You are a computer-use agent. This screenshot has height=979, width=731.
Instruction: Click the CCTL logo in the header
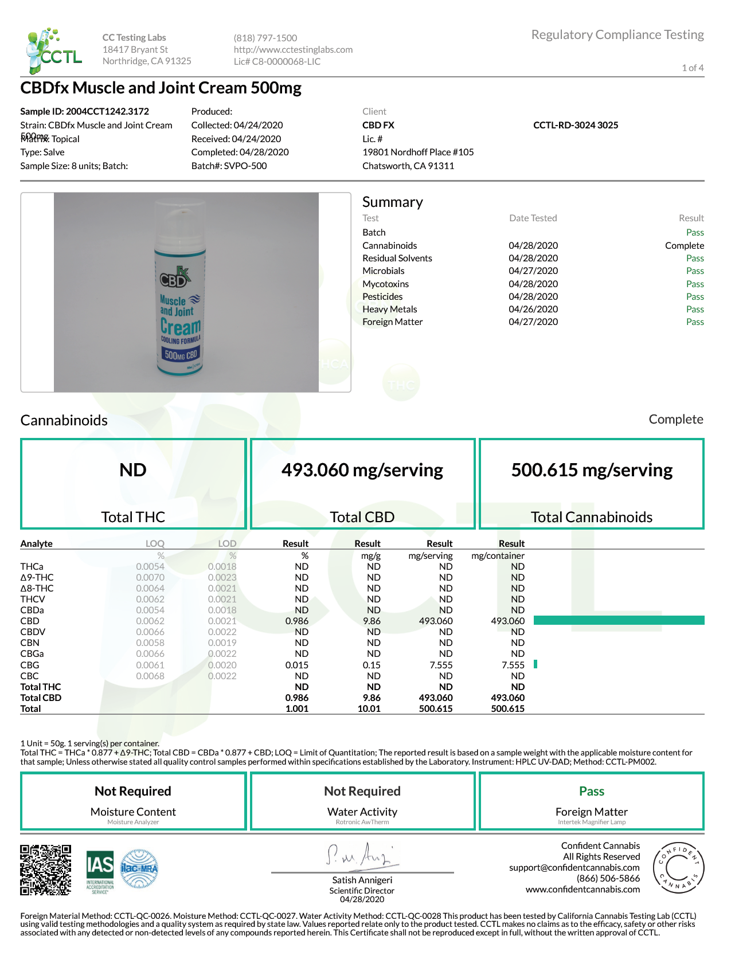click(x=54, y=50)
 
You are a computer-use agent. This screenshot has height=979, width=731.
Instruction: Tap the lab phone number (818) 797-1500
click(x=265, y=38)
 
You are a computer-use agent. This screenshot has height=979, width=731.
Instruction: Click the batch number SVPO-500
click(x=245, y=166)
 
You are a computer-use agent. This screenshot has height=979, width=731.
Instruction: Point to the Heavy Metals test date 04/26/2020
click(x=533, y=309)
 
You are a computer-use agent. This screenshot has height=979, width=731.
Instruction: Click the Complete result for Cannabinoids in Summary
click(x=684, y=245)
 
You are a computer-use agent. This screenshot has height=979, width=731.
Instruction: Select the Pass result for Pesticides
click(x=695, y=296)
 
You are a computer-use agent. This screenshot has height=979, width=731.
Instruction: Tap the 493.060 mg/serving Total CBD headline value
click(x=362, y=470)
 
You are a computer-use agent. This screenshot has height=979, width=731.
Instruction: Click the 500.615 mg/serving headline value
click(x=592, y=470)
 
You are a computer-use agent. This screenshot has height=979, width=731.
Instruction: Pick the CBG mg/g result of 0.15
click(x=372, y=665)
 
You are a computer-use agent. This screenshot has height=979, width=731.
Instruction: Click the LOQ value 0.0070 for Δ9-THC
click(x=150, y=577)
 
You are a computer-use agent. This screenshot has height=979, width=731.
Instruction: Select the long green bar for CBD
click(x=619, y=620)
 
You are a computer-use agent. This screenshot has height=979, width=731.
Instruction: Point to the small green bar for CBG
click(x=535, y=664)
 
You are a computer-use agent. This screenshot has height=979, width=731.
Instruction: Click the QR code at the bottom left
click(x=46, y=870)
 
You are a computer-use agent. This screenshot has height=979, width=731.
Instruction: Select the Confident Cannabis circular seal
click(x=678, y=868)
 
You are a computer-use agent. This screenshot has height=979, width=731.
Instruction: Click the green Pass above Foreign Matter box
click(x=591, y=791)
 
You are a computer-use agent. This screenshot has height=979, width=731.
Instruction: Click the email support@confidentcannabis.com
click(x=574, y=867)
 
